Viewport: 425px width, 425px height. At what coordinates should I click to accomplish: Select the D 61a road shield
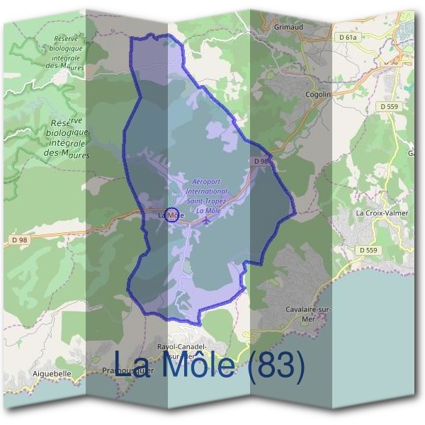click(349, 36)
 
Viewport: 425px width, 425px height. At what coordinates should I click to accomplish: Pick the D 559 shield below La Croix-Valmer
click(368, 250)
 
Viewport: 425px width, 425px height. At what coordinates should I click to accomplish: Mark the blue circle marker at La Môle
click(171, 214)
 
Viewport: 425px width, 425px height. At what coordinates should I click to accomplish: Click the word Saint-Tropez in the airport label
click(207, 201)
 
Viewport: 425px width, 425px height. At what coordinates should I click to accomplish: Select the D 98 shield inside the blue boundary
click(261, 162)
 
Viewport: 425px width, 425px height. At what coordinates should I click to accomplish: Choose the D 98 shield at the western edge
click(19, 240)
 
